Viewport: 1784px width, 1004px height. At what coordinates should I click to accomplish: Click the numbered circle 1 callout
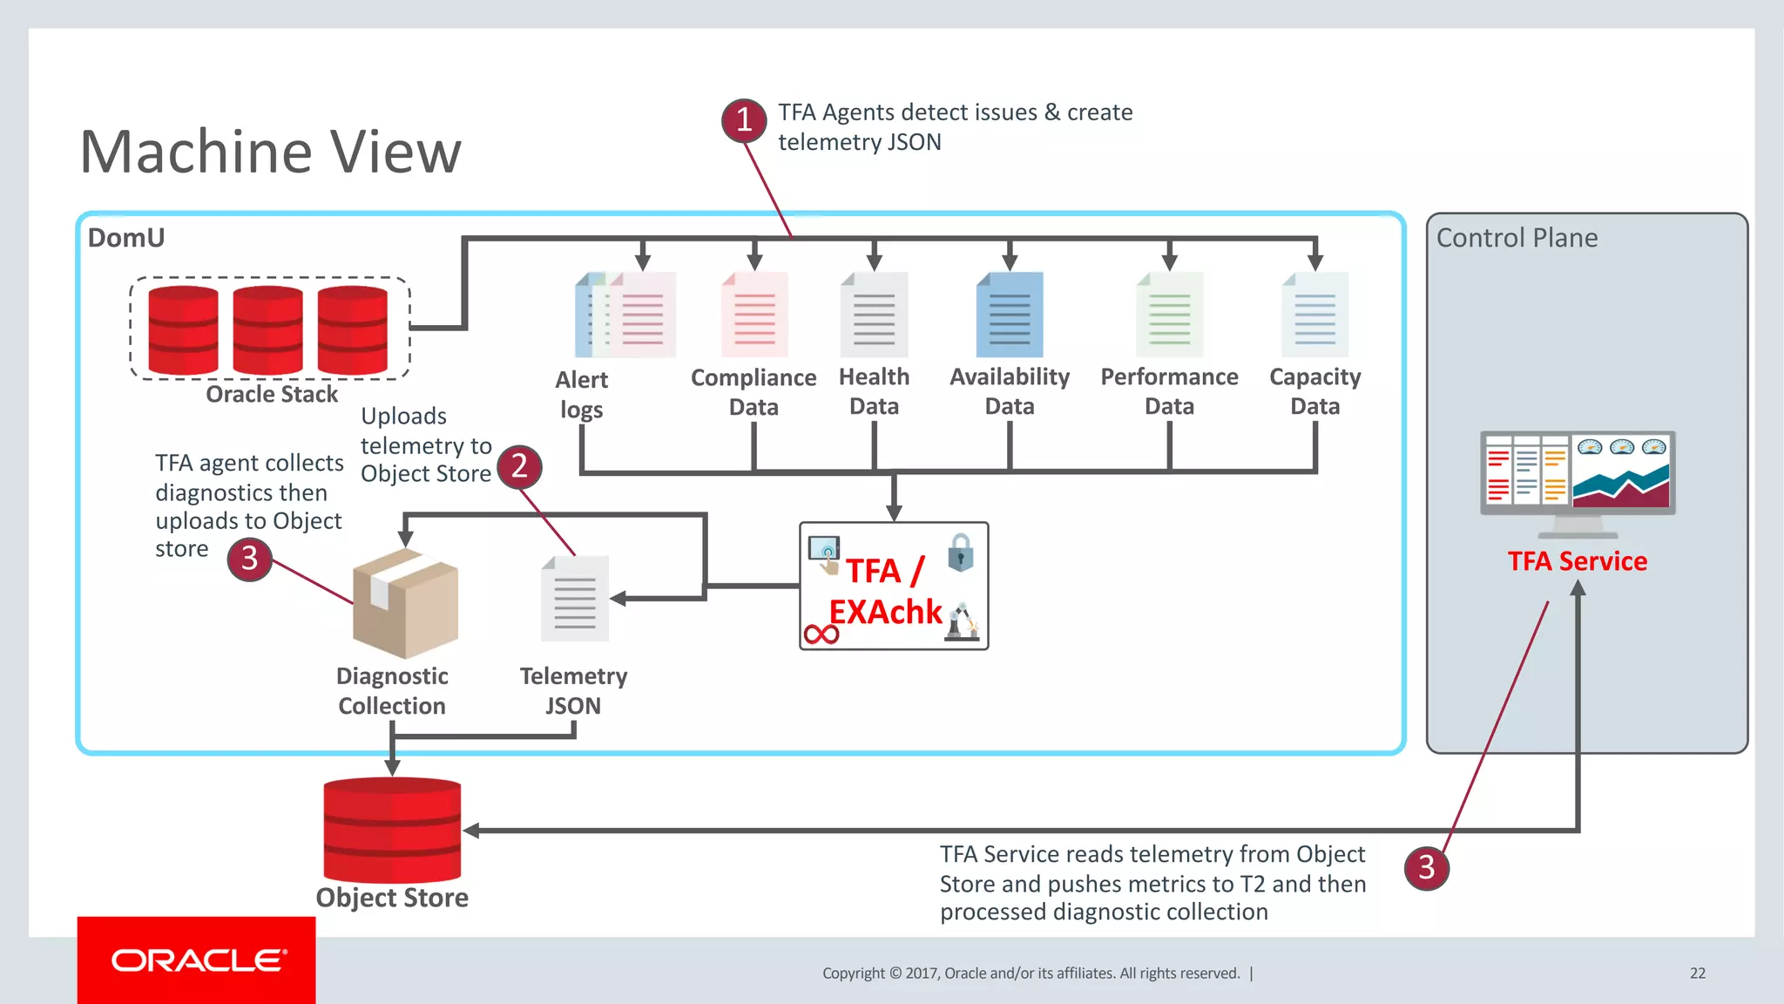(x=744, y=119)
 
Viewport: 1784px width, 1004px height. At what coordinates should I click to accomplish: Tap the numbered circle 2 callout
(x=520, y=465)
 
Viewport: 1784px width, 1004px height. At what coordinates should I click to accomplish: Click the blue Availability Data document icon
(x=1010, y=315)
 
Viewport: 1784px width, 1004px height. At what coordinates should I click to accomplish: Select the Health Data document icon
(x=874, y=315)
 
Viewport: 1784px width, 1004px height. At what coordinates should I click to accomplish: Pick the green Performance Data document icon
(x=1169, y=315)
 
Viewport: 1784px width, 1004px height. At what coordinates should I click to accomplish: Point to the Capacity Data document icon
(x=1314, y=315)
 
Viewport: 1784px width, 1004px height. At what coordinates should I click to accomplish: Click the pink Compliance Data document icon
(x=754, y=315)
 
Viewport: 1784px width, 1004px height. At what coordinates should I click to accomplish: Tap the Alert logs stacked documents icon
(x=625, y=315)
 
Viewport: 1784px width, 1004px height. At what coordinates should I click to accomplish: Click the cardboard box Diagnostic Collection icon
(x=405, y=603)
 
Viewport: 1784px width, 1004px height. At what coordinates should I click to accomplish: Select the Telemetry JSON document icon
(x=574, y=599)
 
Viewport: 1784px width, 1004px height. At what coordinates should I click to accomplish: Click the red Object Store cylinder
(x=392, y=830)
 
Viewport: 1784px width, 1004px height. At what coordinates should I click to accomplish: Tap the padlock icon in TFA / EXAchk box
(x=960, y=553)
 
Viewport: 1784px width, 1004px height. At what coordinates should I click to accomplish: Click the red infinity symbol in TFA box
(x=821, y=634)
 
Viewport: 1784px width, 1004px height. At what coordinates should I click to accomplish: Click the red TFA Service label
(x=1578, y=561)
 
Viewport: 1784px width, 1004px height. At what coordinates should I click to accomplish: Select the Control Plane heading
(x=1517, y=238)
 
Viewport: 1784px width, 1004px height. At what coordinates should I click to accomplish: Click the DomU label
(x=126, y=238)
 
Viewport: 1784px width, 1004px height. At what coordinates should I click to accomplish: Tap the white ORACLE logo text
(x=198, y=960)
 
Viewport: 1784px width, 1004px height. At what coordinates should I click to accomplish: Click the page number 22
(x=1697, y=973)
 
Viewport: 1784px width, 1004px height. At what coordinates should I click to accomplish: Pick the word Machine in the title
(x=196, y=153)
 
